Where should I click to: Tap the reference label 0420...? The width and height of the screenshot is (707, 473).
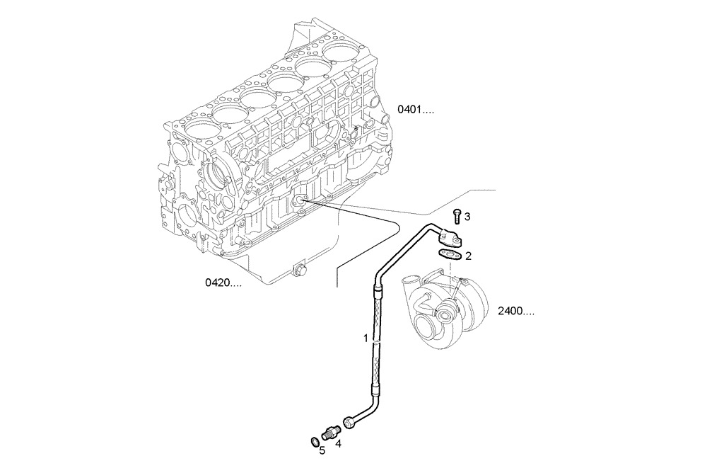pyautogui.click(x=223, y=283)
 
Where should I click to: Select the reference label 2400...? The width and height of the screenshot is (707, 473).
pyautogui.click(x=515, y=311)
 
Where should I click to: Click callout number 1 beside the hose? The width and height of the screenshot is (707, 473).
pyautogui.click(x=366, y=338)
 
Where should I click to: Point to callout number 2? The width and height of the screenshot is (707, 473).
pyautogui.click(x=468, y=255)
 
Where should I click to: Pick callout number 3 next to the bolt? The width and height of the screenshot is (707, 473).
pyautogui.click(x=467, y=215)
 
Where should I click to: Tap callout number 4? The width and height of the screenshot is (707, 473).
pyautogui.click(x=338, y=444)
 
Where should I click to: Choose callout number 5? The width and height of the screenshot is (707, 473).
pyautogui.click(x=322, y=450)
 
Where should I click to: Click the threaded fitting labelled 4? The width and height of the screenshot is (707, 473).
pyautogui.click(x=331, y=430)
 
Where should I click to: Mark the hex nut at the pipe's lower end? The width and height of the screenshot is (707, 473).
pyautogui.click(x=349, y=423)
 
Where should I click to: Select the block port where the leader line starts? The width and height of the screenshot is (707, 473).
pyautogui.click(x=301, y=201)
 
